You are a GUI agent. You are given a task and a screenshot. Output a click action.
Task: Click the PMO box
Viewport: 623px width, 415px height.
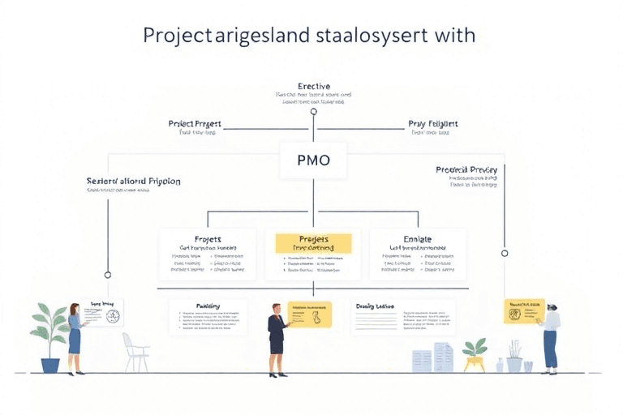(x=313, y=160)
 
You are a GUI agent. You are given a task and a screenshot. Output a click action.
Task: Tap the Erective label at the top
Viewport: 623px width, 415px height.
(x=313, y=86)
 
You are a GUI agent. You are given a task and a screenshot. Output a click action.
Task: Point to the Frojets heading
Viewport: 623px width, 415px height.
(x=208, y=240)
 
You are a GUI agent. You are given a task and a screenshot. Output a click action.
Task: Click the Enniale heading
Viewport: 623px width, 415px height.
(x=417, y=240)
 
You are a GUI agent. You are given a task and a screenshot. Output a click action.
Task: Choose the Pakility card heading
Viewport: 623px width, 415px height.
(x=208, y=306)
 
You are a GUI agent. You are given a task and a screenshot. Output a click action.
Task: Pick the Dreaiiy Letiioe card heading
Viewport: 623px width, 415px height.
(x=375, y=306)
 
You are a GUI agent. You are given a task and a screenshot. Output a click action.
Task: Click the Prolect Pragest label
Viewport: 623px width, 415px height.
(x=195, y=124)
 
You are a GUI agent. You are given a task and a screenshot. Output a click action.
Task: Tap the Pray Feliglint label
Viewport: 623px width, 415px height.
(x=432, y=124)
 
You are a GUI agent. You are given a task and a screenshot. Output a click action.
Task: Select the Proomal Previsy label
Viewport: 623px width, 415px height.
(x=466, y=169)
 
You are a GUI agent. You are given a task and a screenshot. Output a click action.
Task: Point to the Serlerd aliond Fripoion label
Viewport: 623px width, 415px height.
(x=133, y=181)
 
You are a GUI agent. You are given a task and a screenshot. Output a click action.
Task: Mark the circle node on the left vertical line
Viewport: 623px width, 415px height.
(x=108, y=275)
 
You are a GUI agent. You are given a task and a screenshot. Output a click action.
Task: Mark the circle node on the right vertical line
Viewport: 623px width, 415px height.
(x=505, y=253)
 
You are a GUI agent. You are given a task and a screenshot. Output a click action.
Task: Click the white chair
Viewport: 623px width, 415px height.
(x=135, y=350)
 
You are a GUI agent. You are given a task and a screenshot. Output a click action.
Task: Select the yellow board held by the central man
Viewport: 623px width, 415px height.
(x=310, y=314)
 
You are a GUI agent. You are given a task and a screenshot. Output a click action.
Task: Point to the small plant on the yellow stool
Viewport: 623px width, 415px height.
(x=474, y=349)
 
